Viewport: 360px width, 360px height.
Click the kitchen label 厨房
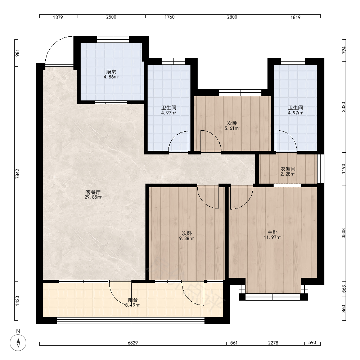click(x=111, y=72)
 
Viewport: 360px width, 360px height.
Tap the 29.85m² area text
click(x=93, y=197)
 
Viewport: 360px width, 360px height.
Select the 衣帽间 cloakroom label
click(x=288, y=169)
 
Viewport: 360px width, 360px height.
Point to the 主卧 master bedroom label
click(x=273, y=232)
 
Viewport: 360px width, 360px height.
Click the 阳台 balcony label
click(x=133, y=300)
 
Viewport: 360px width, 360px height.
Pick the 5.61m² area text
click(x=232, y=129)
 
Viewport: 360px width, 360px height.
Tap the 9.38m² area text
click(x=186, y=239)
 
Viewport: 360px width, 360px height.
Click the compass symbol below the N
click(x=18, y=343)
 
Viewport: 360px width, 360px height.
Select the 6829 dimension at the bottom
click(x=133, y=343)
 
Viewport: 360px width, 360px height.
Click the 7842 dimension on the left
click(x=17, y=174)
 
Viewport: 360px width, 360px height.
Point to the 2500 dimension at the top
click(x=111, y=17)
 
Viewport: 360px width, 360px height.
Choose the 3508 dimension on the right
click(x=343, y=233)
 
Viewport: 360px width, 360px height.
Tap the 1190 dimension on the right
click(x=343, y=168)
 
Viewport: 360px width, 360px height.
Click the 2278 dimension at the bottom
click(x=273, y=343)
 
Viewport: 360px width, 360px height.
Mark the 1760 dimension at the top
click(x=170, y=17)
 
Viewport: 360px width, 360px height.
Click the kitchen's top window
click(x=113, y=39)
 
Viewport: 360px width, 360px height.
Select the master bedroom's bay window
click(x=273, y=297)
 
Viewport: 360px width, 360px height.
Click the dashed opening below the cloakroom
click(x=287, y=185)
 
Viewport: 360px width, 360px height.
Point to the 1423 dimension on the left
click(x=17, y=301)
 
